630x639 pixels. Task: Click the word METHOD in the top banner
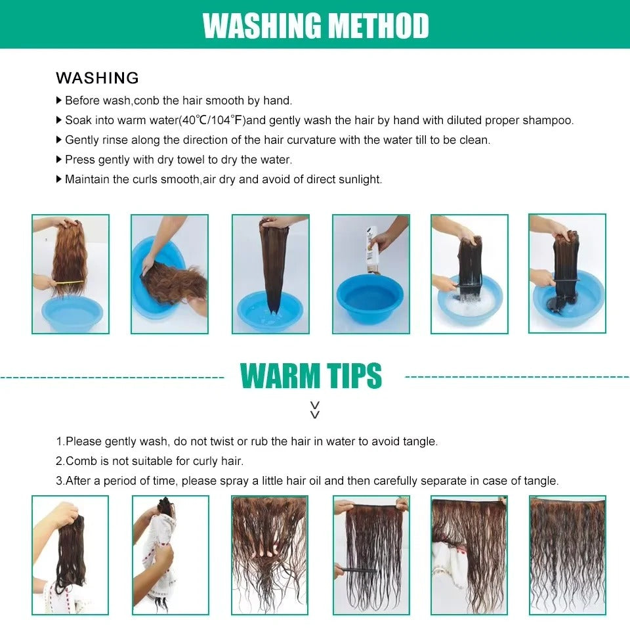pyautogui.click(x=378, y=26)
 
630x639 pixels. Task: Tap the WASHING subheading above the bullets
pyautogui.click(x=98, y=78)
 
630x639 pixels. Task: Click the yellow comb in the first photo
pyautogui.click(x=69, y=282)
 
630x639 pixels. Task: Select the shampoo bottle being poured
pyautogui.click(x=373, y=250)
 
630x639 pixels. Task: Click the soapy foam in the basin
pyautogui.click(x=469, y=302)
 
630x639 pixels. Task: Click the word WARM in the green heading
pyautogui.click(x=280, y=376)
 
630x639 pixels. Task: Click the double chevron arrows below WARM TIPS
pyautogui.click(x=315, y=410)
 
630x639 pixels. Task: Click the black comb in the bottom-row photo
pyautogui.click(x=356, y=569)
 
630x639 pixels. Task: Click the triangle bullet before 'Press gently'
pyautogui.click(x=58, y=160)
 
